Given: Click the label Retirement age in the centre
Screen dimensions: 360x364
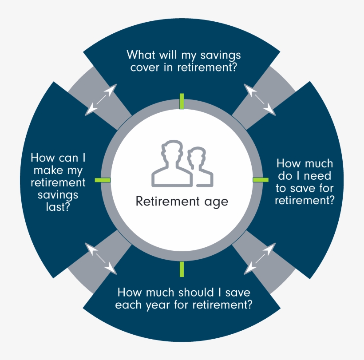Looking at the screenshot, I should coord(182,202).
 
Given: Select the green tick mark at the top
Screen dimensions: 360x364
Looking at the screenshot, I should coord(182,101).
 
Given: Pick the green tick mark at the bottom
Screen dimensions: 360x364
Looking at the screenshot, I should coord(182,269).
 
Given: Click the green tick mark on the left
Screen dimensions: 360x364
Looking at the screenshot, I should coord(103,180).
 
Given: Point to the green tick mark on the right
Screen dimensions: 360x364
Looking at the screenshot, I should coord(261,179).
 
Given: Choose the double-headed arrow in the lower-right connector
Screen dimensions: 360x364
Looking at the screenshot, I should coord(260,258).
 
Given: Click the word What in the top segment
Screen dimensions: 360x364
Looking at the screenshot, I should coord(141,55).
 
